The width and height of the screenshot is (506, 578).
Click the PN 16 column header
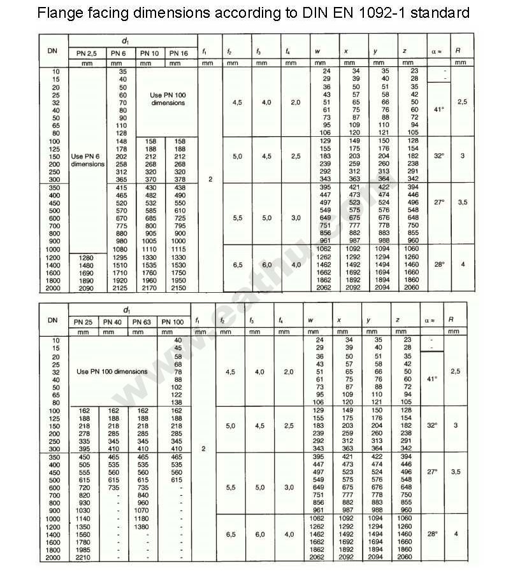click(179, 53)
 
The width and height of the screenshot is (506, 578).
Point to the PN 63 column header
click(143, 322)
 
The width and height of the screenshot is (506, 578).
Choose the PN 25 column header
click(83, 322)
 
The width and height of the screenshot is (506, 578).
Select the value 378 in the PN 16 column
click(179, 179)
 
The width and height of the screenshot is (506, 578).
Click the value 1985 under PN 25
click(83, 549)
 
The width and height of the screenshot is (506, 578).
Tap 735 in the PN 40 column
click(113, 487)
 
